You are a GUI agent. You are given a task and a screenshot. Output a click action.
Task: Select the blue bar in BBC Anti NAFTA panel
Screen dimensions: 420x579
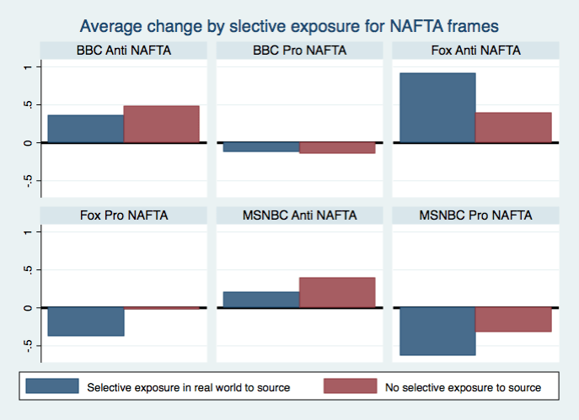tap(86, 128)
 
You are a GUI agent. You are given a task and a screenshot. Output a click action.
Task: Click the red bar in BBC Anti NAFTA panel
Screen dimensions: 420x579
tap(161, 124)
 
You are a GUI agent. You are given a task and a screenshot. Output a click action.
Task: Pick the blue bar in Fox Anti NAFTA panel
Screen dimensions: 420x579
tap(437, 108)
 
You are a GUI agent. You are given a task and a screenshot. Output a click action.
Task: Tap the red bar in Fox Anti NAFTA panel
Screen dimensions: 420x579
tap(512, 127)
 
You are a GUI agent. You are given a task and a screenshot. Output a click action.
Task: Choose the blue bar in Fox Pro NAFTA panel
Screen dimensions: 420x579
tap(86, 322)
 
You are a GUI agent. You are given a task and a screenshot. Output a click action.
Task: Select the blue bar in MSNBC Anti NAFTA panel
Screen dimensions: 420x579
tap(261, 300)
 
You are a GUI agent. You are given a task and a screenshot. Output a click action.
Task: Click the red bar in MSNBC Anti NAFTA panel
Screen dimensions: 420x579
tap(336, 292)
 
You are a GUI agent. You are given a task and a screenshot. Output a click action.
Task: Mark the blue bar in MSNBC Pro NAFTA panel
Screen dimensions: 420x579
tap(437, 331)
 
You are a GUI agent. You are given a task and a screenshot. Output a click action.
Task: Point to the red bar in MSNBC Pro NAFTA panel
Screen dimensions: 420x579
tap(512, 319)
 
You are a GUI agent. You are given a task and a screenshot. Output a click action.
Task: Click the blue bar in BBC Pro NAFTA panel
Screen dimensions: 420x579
tap(261, 147)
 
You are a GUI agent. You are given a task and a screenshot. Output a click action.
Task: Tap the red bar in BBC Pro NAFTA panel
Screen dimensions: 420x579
tap(336, 148)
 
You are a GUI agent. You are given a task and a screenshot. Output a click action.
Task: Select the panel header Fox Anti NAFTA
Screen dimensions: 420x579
tap(475, 51)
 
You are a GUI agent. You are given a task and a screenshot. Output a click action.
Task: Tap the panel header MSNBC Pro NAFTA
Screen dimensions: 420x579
tap(475, 215)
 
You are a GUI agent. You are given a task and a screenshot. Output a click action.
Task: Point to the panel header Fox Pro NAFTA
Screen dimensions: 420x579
tap(124, 215)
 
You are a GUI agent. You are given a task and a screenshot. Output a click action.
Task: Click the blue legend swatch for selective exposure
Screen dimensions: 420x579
tap(52, 386)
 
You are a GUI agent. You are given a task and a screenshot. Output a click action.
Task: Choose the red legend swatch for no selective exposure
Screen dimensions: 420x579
tap(350, 386)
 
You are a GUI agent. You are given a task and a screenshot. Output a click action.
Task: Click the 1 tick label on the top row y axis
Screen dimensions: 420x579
tap(28, 66)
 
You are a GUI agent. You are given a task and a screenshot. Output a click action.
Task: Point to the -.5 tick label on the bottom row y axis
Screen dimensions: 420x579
tap(28, 345)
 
